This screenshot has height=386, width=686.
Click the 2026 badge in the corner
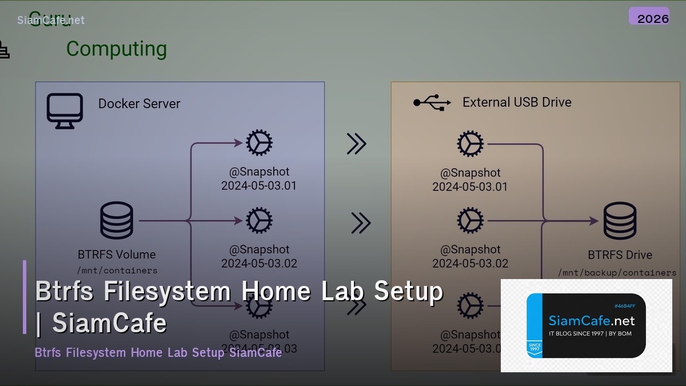tap(649, 17)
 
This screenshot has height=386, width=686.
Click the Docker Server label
tap(139, 104)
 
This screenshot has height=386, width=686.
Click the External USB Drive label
tap(517, 102)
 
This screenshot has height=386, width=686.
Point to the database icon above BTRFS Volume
tap(117, 220)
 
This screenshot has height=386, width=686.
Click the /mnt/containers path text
tap(117, 270)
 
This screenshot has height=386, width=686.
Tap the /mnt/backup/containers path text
tap(617, 273)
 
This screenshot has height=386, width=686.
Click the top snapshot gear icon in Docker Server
tap(259, 143)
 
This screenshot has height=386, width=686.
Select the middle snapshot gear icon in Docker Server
tap(259, 221)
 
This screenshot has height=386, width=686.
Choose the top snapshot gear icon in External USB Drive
tap(470, 144)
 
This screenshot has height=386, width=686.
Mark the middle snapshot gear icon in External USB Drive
tap(470, 221)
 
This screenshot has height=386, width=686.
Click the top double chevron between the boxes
tap(356, 144)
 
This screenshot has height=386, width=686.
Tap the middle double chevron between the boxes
tap(360, 223)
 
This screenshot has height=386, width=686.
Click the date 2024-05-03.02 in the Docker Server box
tap(259, 264)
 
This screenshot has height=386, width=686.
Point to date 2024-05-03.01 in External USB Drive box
tap(470, 187)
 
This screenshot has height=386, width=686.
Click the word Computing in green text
tap(117, 49)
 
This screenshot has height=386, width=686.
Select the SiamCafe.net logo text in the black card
tap(591, 321)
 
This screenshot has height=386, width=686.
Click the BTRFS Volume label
tap(117, 254)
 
